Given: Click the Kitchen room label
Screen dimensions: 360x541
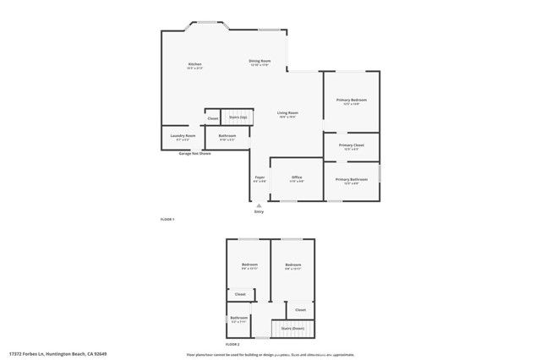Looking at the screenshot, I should coord(194,65).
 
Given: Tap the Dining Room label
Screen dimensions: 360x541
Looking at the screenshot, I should coord(260,61).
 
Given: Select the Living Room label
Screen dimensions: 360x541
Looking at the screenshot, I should coord(288,112).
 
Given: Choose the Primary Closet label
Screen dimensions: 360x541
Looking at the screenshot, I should coord(352,146).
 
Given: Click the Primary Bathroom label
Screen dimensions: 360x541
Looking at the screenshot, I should coord(352,179).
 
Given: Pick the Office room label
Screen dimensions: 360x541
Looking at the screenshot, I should coord(297,177).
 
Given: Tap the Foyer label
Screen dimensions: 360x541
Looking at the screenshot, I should coord(260,177).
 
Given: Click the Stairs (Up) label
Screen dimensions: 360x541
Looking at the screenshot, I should coord(238,117).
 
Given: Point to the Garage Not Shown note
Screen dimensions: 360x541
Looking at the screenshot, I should coord(194,154).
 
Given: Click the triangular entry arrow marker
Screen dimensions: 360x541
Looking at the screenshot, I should coord(259,204).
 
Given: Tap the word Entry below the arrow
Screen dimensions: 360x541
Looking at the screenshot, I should coord(259,211).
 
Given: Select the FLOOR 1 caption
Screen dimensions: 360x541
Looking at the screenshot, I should coord(167,219).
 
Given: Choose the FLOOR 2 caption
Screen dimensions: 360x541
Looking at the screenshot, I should coord(232,345).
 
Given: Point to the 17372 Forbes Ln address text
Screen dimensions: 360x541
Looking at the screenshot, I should coord(58,353).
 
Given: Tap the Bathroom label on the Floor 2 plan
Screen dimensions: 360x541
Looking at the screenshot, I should coord(238,318).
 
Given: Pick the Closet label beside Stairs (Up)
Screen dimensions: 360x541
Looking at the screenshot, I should coord(213,118).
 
